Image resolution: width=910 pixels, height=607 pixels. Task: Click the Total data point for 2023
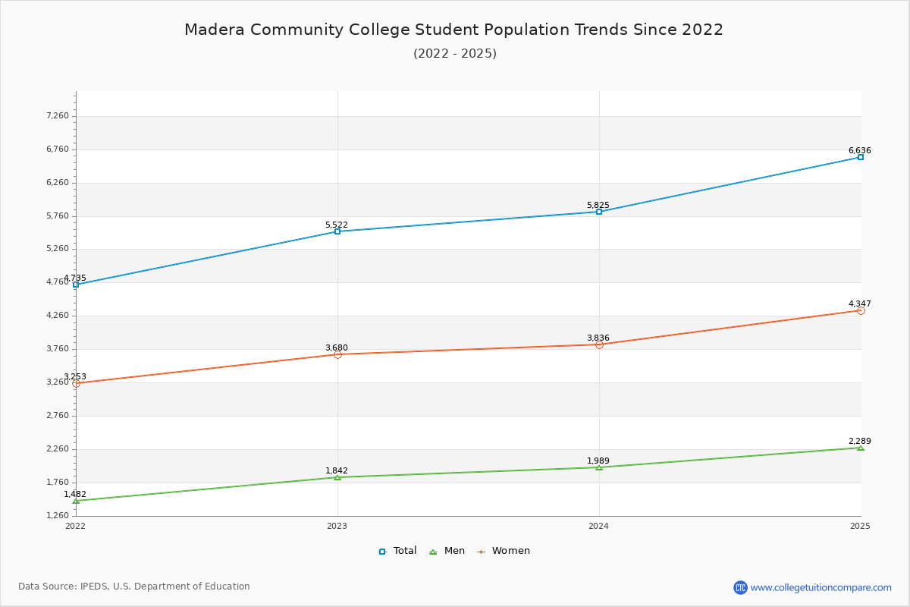(337, 231)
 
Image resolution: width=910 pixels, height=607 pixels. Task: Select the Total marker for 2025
(861, 157)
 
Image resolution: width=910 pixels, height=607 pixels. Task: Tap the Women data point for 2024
(599, 344)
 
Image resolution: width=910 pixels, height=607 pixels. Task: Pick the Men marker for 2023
(337, 477)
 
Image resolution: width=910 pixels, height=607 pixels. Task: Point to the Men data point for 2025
(861, 448)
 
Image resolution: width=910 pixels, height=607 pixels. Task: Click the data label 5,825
(598, 206)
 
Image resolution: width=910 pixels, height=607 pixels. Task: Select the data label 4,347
(859, 304)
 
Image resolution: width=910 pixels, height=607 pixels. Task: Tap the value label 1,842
(336, 471)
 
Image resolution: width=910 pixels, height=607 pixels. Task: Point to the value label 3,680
(336, 348)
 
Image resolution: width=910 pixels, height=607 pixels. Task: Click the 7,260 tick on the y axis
(57, 116)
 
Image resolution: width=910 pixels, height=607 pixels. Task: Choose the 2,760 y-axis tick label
(57, 416)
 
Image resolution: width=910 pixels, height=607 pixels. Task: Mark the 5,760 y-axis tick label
(57, 216)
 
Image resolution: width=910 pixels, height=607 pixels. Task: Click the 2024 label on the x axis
(599, 526)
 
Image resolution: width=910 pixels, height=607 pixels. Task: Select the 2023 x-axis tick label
(337, 526)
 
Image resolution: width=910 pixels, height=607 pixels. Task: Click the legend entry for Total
(397, 551)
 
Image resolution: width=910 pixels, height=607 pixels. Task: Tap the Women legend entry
(504, 551)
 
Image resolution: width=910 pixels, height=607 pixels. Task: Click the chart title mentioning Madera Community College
(454, 30)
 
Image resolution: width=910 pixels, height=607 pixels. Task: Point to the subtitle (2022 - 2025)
(454, 54)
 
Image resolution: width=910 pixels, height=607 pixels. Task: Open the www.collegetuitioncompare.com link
(821, 587)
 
